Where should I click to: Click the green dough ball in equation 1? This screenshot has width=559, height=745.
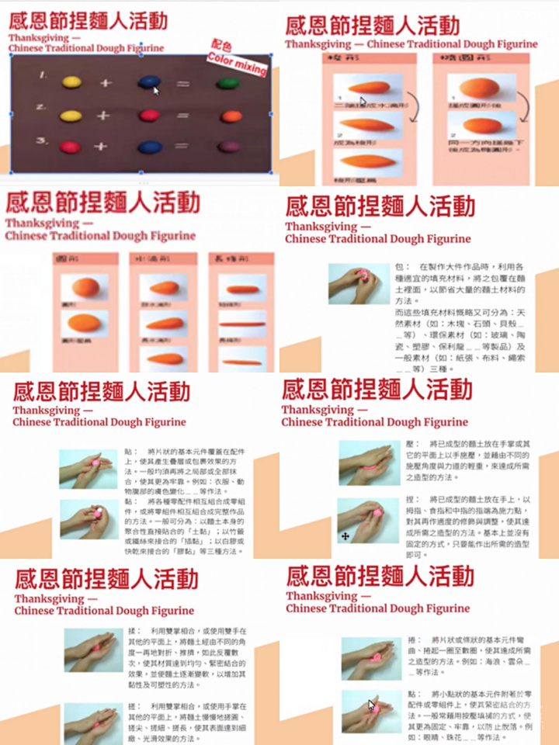(x=227, y=82)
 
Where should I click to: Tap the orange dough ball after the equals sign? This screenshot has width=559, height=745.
(x=231, y=116)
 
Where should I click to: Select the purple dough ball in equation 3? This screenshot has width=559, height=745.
(x=228, y=146)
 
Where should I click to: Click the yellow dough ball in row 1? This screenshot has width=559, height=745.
(x=71, y=81)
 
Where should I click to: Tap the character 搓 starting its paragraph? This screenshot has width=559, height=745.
(x=133, y=708)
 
